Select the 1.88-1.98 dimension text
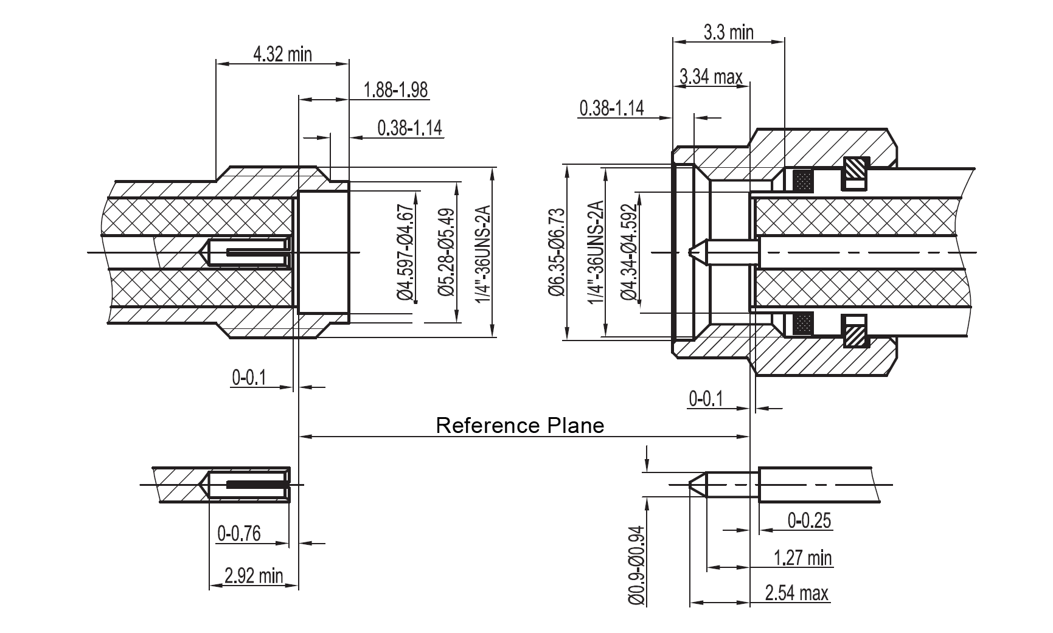(x=395, y=90)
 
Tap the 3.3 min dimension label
(x=728, y=32)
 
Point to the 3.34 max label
(x=711, y=77)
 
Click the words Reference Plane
(x=520, y=425)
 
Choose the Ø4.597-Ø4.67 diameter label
(x=406, y=252)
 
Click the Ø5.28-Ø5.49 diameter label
(x=447, y=252)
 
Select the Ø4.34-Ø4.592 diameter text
(x=629, y=252)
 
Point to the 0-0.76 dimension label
(x=239, y=533)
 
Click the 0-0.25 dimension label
(x=809, y=521)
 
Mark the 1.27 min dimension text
(x=802, y=557)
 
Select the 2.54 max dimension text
(x=796, y=593)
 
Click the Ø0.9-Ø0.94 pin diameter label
(x=636, y=565)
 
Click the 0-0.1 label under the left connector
(x=249, y=378)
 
